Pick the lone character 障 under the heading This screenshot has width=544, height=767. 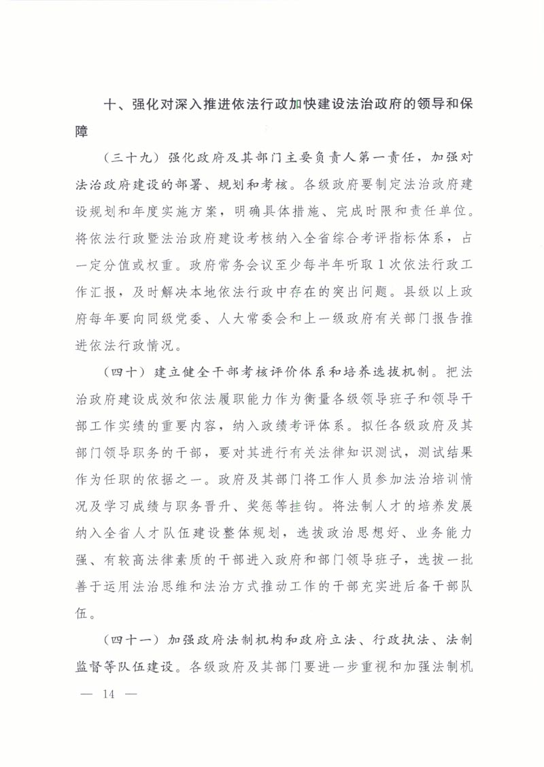(x=82, y=132)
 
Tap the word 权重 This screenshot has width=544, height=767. (x=160, y=265)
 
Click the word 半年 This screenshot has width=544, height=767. (x=330, y=265)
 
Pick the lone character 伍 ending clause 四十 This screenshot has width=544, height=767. (x=82, y=613)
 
